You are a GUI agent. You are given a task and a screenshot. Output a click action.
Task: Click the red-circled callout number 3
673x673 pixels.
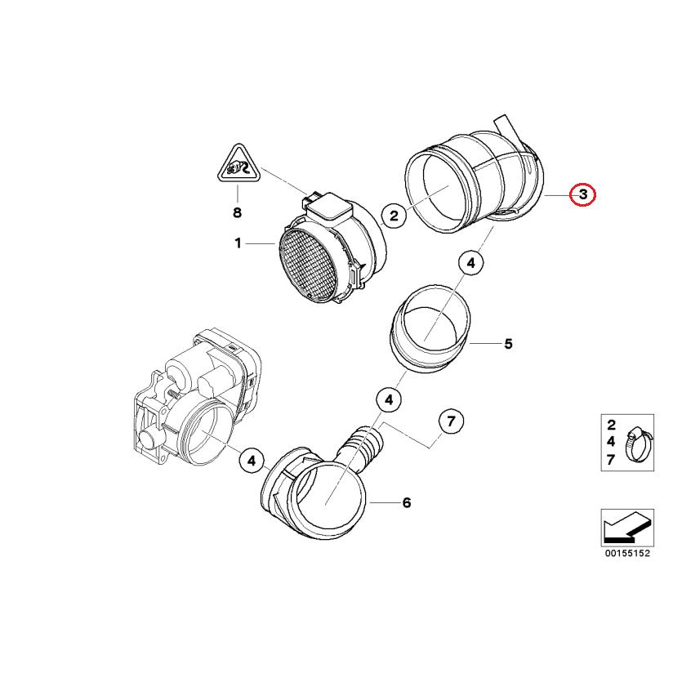pos(583,195)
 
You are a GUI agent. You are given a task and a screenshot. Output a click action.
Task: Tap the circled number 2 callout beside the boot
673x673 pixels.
pos(394,216)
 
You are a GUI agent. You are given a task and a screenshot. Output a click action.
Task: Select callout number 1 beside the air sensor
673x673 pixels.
pos(238,243)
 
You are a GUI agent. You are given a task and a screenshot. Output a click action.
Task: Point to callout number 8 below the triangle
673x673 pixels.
pos(238,212)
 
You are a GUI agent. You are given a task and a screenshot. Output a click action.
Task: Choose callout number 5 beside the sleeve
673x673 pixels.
pos(507,344)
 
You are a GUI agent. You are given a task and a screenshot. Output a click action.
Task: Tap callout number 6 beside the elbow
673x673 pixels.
pos(406,502)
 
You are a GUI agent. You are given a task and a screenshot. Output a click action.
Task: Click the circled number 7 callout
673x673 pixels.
pos(451,421)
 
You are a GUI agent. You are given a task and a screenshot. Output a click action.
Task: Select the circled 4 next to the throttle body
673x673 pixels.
pos(252,461)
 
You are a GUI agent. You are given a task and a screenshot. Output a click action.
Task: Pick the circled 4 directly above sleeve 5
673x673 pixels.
pos(470,263)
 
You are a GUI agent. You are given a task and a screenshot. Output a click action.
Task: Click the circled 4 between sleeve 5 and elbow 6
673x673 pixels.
pos(389,400)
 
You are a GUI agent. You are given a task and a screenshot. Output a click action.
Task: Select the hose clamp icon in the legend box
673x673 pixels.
pos(635,444)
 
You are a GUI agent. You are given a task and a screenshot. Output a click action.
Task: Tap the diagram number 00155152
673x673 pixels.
pos(626,553)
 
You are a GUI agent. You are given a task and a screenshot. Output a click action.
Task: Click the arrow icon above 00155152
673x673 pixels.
pos(626,527)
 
